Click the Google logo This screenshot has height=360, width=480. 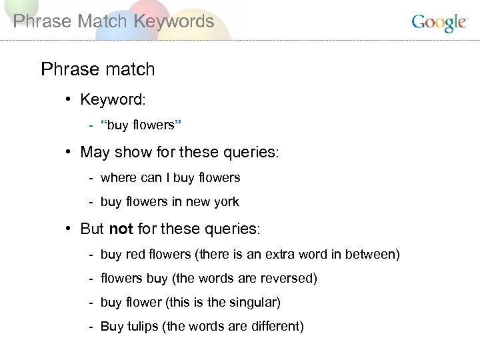point(439,23)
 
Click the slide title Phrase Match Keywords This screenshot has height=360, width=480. point(113,21)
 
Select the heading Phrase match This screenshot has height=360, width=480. point(97,69)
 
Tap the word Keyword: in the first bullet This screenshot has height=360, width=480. point(113,100)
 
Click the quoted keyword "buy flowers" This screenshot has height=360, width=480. point(141,125)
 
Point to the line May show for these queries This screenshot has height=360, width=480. point(179,152)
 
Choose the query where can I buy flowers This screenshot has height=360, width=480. point(170,178)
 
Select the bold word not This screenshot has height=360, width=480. point(121,229)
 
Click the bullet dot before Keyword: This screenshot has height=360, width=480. point(69,100)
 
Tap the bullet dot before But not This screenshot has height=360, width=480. point(69,229)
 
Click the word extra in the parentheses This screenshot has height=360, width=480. point(284,255)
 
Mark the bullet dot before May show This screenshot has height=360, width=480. point(69,152)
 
